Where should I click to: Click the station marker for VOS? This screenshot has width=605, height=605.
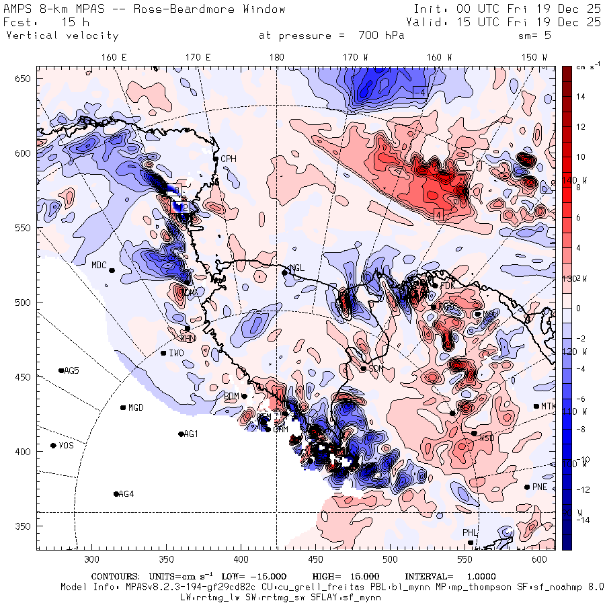point(53,446)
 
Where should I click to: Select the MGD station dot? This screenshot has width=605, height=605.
point(123,407)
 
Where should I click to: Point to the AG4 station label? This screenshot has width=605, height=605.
point(126,494)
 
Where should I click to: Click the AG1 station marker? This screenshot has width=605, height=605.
point(181,434)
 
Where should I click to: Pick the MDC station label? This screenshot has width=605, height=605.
point(99,265)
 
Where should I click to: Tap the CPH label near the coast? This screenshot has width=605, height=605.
point(229,159)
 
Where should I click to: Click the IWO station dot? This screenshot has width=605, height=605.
point(163,353)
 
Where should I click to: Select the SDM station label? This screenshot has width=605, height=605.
point(376,368)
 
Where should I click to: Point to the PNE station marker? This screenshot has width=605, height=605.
point(526,487)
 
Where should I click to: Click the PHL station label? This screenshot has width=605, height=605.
point(469,533)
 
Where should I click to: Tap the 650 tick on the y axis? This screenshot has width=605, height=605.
point(24,79)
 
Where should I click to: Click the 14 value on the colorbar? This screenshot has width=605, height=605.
point(580,97)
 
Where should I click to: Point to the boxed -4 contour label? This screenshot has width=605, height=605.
point(419,91)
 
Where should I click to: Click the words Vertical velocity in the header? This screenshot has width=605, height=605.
point(62,36)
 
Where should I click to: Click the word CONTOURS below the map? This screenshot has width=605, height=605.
point(115,577)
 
